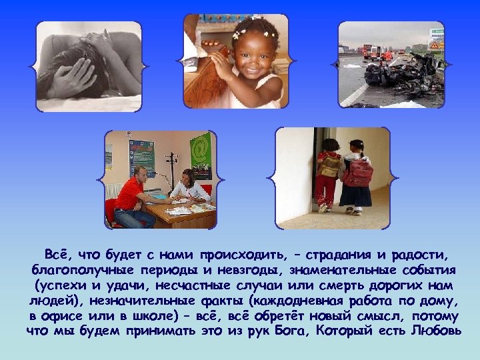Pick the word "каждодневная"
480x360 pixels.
pyautogui.click(x=275, y=300)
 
